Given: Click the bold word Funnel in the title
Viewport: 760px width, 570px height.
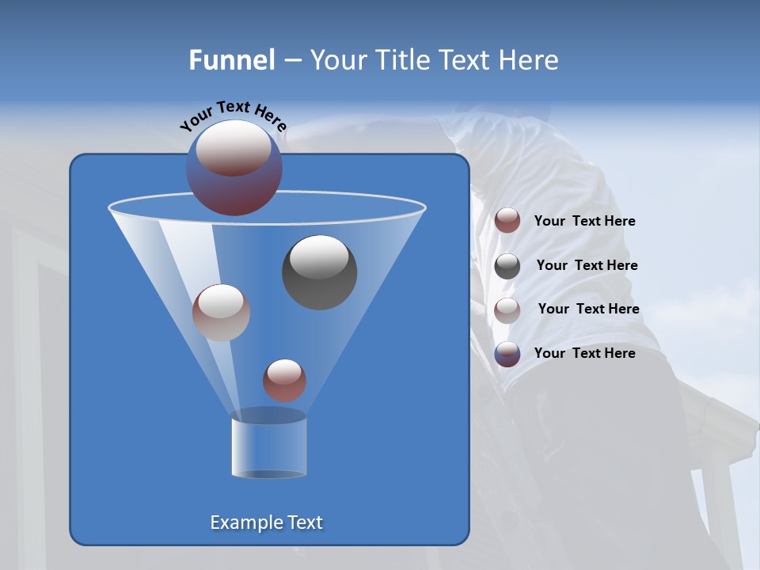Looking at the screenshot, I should (x=232, y=60).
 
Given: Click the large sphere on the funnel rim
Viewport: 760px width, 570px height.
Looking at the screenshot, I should (x=234, y=167).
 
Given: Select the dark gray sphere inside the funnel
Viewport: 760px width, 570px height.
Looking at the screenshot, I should (x=319, y=272).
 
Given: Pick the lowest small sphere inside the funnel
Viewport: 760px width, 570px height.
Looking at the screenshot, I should (x=284, y=380).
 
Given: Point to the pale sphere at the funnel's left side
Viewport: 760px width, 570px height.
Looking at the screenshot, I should (x=221, y=312).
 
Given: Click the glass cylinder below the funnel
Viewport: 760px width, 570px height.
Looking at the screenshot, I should (x=268, y=446).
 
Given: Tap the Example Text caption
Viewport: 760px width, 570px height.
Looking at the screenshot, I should (x=267, y=522).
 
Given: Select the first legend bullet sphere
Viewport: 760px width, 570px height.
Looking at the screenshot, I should (x=507, y=221).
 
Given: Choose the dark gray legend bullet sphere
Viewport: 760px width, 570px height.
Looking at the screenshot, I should (x=507, y=265).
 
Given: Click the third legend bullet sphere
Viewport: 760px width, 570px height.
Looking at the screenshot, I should (x=507, y=310).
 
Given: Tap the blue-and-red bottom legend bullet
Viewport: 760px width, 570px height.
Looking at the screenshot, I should (x=507, y=354).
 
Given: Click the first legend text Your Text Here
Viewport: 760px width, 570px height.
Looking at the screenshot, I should (x=584, y=222).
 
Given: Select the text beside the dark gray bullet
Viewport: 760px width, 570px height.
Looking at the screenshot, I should (x=587, y=265).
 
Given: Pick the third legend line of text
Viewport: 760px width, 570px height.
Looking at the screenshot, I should (x=588, y=309).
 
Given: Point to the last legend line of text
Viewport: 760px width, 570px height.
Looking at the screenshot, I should (x=584, y=353).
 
